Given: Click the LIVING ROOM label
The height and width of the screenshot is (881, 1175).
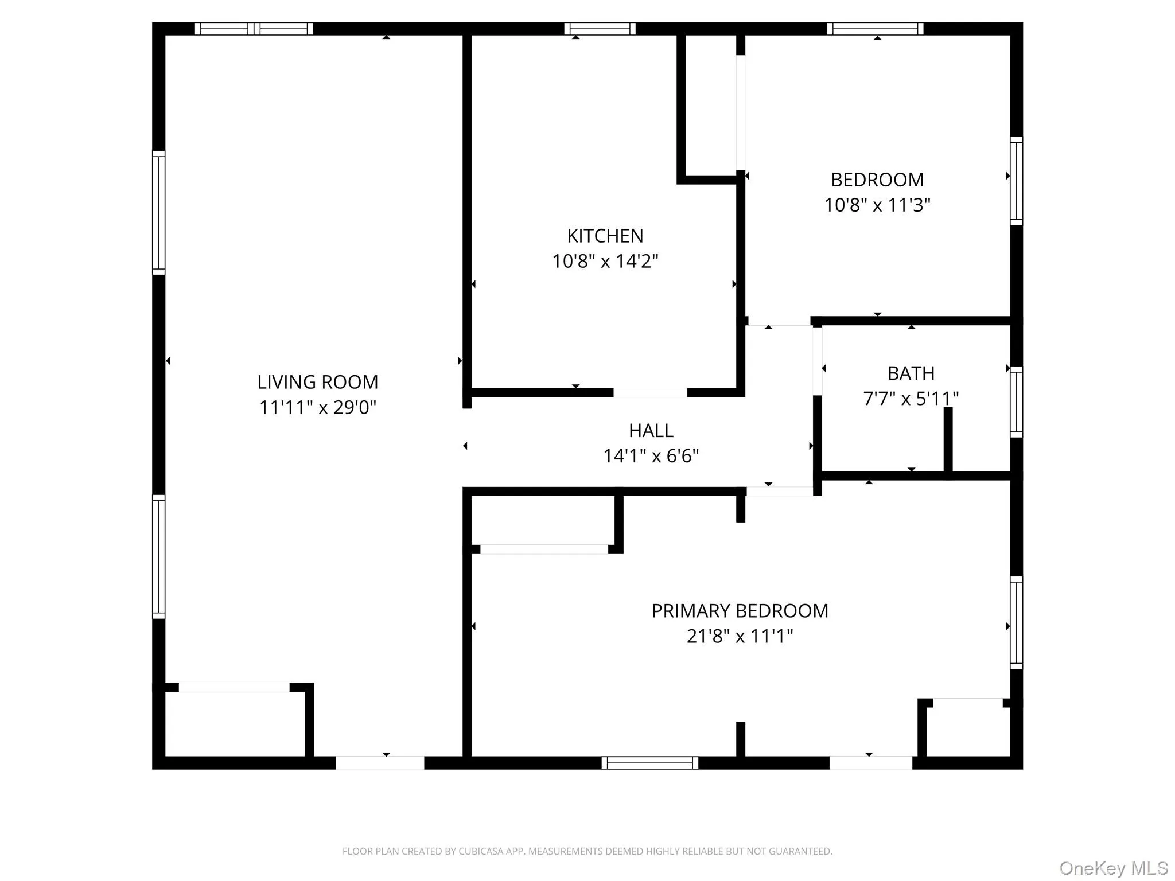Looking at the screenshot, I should [x=317, y=382].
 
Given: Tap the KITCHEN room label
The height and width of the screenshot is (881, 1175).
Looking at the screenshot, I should [x=605, y=236].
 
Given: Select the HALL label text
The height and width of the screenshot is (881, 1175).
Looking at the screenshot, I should [x=651, y=431].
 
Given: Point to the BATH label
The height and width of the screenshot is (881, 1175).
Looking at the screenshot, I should [x=911, y=373].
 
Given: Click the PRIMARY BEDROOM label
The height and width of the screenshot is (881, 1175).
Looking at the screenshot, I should [x=740, y=611].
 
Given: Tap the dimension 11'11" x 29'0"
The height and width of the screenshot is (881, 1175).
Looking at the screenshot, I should [x=317, y=407].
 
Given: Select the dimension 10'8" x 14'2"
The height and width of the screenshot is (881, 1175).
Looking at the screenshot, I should [x=605, y=262].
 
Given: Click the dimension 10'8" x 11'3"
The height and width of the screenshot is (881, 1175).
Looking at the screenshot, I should [x=877, y=205].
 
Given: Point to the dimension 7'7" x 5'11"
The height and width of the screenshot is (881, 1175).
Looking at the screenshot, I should [x=911, y=398].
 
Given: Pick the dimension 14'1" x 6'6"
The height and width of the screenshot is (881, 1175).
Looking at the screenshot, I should [x=651, y=456].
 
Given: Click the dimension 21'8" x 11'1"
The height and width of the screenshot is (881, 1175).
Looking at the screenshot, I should [x=740, y=636].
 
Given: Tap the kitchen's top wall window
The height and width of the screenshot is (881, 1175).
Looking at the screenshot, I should [x=600, y=29].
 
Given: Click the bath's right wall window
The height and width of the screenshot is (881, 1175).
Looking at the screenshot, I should [x=1016, y=401].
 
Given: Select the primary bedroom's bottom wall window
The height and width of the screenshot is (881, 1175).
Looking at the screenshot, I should [x=649, y=763].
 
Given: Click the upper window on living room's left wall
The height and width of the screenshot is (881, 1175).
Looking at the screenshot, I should [x=158, y=213].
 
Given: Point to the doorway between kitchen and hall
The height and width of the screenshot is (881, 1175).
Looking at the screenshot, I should [x=650, y=393].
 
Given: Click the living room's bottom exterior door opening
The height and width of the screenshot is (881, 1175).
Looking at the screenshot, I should [x=380, y=763].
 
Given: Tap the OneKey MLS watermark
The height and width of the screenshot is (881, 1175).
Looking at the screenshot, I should [x=1113, y=868].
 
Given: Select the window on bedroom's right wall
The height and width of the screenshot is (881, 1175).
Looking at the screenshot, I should [x=1016, y=181].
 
